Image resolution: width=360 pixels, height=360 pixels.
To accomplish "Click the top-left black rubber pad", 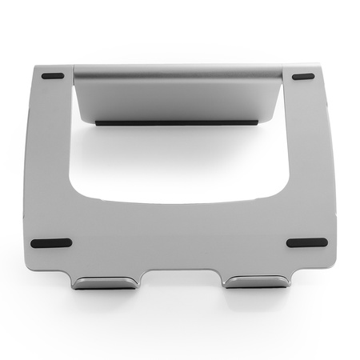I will (53, 77).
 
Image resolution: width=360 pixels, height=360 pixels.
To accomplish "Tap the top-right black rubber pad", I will (303, 77).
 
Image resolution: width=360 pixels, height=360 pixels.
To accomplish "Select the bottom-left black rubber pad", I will (50, 243).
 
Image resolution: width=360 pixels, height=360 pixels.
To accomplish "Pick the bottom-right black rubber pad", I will (306, 242).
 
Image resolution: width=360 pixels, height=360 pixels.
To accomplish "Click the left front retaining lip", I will (104, 282).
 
